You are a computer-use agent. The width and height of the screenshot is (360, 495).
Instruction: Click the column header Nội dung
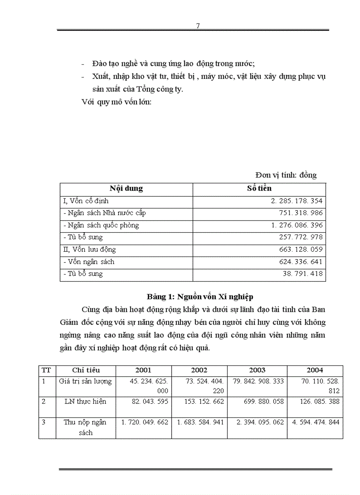[126, 188]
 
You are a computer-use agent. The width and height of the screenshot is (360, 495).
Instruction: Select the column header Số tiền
[259, 188]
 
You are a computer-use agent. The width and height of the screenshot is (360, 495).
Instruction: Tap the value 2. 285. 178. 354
[297, 201]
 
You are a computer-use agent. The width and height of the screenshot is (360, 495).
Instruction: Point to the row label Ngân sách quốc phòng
[101, 225]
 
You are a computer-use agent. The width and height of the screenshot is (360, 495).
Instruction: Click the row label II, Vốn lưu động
[90, 249]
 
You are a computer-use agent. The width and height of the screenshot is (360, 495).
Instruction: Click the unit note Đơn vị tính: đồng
[286, 175]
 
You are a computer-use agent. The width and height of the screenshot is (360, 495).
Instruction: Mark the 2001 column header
[143, 370]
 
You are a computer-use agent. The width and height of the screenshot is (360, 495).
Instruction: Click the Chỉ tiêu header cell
[86, 370]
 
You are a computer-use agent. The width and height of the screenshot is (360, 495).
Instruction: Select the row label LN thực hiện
[86, 402]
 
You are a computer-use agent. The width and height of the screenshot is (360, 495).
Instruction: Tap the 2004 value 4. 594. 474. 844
[315, 422]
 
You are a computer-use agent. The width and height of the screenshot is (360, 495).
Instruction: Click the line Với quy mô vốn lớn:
[116, 102]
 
